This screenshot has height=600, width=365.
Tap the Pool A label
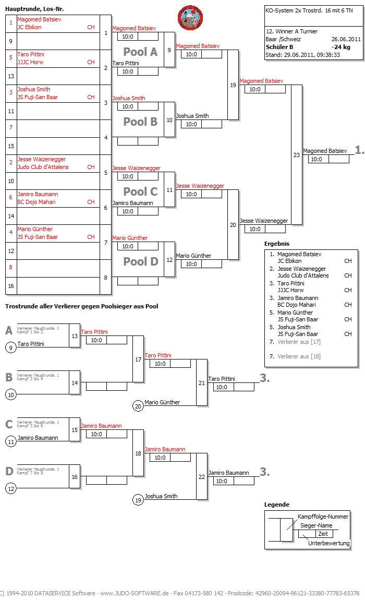pyautogui.click(x=140, y=52)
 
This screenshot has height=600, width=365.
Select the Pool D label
pyautogui.click(x=140, y=261)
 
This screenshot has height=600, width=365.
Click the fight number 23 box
pyautogui.click(x=297, y=155)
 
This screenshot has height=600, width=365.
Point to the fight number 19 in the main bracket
pyautogui.click(x=233, y=85)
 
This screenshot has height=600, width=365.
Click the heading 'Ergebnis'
pyautogui.click(x=277, y=244)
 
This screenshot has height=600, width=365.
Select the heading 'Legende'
pyautogui.click(x=277, y=505)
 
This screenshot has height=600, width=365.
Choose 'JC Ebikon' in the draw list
pyautogui.click(x=29, y=27)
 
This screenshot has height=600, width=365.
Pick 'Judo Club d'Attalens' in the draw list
pyautogui.click(x=43, y=167)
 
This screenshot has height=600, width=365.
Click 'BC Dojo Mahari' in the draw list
pyautogui.click(x=36, y=202)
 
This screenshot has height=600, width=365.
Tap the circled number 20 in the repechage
pyautogui.click(x=138, y=406)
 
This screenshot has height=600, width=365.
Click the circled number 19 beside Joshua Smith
pyautogui.click(x=138, y=500)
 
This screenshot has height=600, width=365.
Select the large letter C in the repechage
pyautogui.click(x=9, y=424)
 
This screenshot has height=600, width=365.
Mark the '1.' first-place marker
pyautogui.click(x=359, y=150)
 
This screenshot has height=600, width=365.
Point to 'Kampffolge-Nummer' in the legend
pyautogui.click(x=323, y=517)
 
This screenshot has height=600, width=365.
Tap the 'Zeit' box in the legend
pyautogui.click(x=323, y=534)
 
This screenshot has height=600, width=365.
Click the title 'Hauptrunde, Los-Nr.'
pyautogui.click(x=34, y=9)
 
